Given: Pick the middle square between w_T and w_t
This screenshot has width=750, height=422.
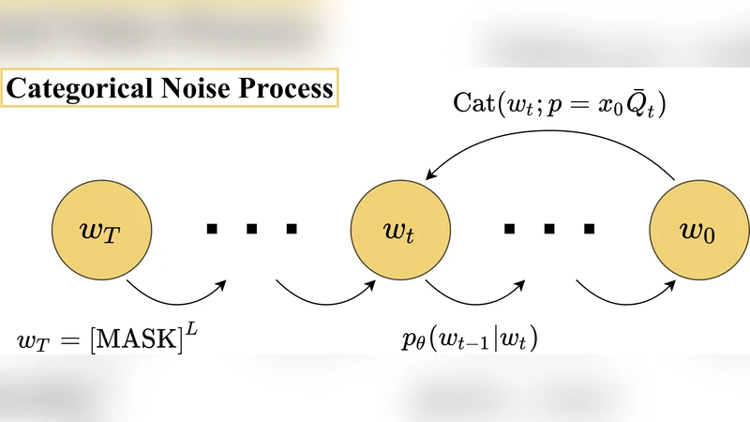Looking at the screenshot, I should [x=251, y=229].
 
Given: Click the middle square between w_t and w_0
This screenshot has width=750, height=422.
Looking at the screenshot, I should [x=550, y=229].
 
